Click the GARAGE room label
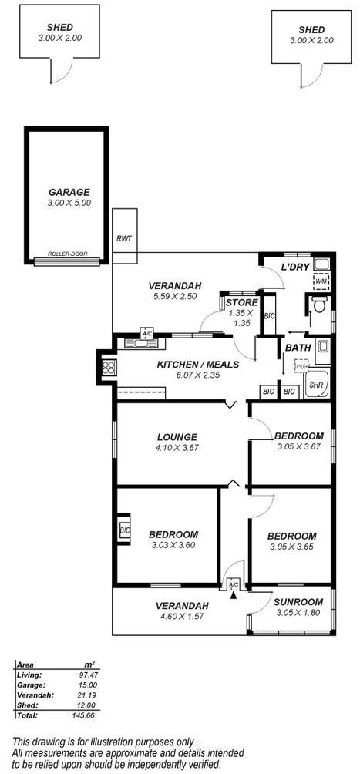tap(69, 192)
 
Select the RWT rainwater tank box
tap(123, 238)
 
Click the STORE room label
tap(241, 302)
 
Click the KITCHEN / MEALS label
tap(198, 365)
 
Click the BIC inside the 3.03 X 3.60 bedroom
tap(124, 530)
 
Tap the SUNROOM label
tap(298, 602)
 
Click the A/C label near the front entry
tap(234, 586)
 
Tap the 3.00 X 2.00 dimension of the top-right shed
tap(311, 40)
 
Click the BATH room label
tap(298, 348)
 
